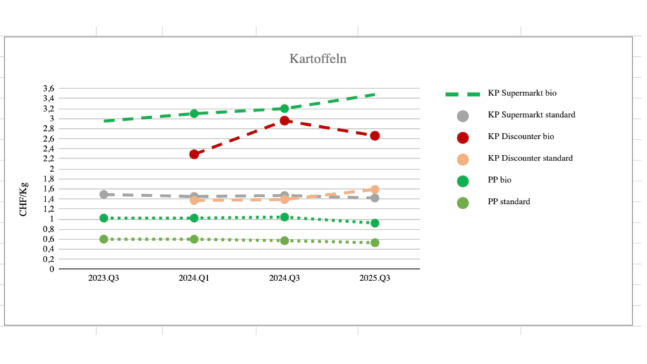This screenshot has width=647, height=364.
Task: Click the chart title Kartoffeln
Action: (318, 59)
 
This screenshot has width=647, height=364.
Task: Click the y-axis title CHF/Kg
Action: (23, 199)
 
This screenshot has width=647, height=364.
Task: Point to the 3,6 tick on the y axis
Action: (47, 88)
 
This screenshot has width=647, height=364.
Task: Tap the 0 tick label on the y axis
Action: (52, 269)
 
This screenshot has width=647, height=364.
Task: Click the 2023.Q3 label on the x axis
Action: (104, 279)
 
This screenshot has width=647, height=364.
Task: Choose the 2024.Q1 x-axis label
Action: (194, 279)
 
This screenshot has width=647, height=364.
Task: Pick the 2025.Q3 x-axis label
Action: (375, 279)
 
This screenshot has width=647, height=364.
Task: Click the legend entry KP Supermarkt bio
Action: (522, 94)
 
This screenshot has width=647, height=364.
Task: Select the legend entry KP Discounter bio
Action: (521, 136)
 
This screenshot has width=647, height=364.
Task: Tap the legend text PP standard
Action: (509, 202)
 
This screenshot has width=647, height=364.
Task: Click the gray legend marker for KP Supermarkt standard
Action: (463, 116)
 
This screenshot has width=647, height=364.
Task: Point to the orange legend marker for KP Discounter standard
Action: (463, 159)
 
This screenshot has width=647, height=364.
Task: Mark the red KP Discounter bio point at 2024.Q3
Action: (284, 121)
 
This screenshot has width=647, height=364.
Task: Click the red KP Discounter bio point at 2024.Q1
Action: (194, 154)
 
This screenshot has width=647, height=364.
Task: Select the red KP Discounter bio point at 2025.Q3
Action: (375, 136)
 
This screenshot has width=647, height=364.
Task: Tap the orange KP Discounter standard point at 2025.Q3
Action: (375, 190)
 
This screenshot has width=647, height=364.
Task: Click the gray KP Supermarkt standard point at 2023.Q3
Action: (104, 195)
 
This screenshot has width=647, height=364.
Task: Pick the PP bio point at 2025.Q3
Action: (375, 223)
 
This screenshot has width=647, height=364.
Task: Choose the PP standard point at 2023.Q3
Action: (104, 239)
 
